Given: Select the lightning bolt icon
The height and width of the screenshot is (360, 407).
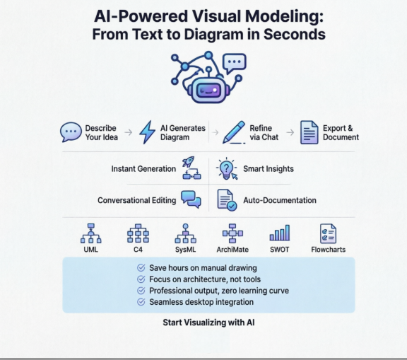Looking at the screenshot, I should tap(147, 132).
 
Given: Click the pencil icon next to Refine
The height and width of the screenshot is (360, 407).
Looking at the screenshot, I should tap(233, 132).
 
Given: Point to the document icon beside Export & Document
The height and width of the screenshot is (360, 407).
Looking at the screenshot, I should tap(309, 132).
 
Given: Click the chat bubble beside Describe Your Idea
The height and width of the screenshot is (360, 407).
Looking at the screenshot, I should tap(70, 132).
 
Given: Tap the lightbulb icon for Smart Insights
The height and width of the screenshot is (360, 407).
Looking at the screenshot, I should tap(226, 168).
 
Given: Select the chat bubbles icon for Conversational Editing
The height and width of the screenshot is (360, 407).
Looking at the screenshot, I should tap(191, 200).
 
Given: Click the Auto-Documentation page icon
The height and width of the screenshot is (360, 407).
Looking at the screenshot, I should tap(226, 200).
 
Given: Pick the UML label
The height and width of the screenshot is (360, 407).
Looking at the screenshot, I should tap(90, 250).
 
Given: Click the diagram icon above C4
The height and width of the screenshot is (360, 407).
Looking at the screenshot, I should tap(138, 233).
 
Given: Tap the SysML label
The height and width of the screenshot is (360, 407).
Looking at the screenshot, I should tap(185, 250).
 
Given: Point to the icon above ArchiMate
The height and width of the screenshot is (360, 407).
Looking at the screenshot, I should tap(232, 233).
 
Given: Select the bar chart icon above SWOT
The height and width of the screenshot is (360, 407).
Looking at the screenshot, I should tap(280, 233).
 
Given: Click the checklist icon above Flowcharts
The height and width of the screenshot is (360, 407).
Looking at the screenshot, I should tap(328, 233).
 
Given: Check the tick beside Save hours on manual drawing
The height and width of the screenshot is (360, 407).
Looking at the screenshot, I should tap(141, 268).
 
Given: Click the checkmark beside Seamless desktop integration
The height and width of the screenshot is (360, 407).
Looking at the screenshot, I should tap(141, 302).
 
